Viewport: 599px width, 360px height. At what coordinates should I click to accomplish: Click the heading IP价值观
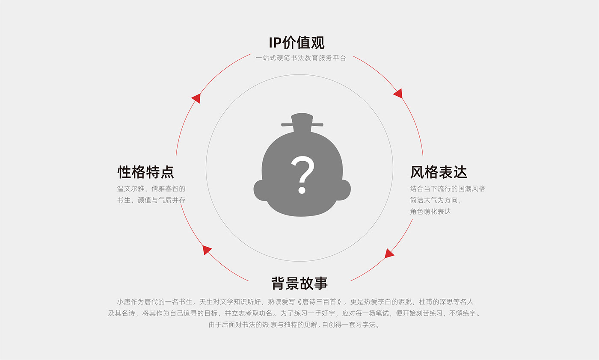pos(297,42)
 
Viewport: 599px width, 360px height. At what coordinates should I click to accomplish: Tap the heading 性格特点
pos(146,172)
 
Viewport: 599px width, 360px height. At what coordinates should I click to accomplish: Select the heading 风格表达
pos(439,172)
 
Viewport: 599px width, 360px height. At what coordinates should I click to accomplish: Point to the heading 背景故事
pos(299,283)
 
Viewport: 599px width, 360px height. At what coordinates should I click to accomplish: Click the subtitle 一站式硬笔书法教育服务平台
pos(301,58)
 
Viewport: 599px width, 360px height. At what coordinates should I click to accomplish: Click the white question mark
pos(302,174)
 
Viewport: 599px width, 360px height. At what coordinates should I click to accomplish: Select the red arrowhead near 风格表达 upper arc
pos(399,94)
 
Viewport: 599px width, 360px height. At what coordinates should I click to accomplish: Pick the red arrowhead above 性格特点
pos(196,98)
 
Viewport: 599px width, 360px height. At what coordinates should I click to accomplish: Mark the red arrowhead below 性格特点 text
pos(206,250)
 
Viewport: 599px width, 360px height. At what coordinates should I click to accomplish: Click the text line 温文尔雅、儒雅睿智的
pos(151,189)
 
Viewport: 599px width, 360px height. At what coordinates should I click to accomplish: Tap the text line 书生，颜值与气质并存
pos(151,200)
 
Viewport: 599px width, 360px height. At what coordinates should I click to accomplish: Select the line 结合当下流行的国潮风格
pos(448,189)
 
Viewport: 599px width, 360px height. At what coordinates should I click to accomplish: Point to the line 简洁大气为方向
pos(436,200)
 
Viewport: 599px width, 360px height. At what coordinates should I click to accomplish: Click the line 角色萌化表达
pos(430,212)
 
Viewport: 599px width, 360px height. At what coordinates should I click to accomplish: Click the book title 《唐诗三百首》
pos(320,302)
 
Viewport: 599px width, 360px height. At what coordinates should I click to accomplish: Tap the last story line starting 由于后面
pos(294,325)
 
